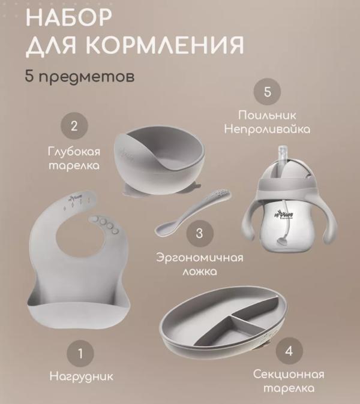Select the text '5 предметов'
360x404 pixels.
[x=79, y=78]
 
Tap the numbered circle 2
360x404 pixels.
[x=74, y=126]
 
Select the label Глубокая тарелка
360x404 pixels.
[x=74, y=157]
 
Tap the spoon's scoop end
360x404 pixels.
[x=165, y=228]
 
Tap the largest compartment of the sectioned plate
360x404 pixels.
[x=198, y=324]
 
